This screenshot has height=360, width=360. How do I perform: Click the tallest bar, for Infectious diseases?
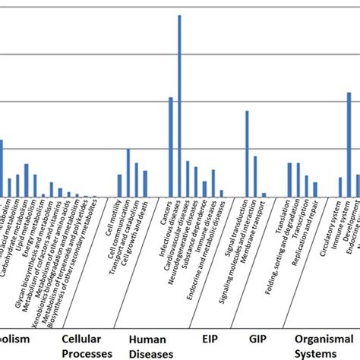coord(179,106)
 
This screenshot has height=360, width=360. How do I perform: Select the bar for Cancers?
coord(171,147)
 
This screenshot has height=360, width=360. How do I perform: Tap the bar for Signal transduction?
coord(247,153)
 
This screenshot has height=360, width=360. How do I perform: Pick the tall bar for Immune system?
coord(349,144)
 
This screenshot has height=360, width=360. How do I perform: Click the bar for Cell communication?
coord(128,172)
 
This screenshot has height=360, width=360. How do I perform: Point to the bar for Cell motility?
coord(119,185)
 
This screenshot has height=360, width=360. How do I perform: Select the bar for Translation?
coord(289,180)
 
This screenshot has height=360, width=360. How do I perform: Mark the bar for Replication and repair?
coord(315,189)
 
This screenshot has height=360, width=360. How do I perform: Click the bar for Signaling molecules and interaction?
coord(255,176)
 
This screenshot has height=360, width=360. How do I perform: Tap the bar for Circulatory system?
coord(340,187)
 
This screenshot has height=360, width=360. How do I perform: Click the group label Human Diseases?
coord(148,346)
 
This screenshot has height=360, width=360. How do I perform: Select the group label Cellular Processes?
coord(87,346)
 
